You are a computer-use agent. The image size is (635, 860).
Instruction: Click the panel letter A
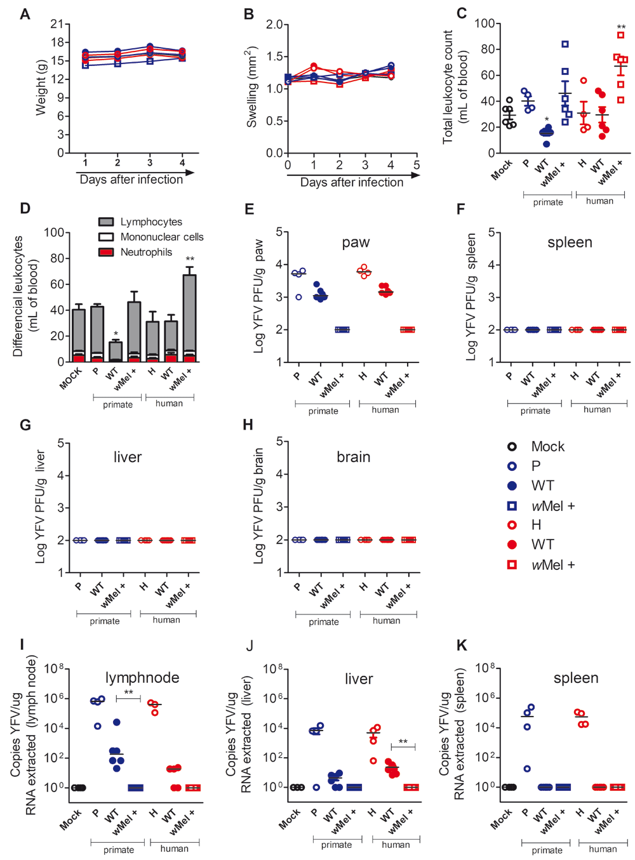[x=25, y=14]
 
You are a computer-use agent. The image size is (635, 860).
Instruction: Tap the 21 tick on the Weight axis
[x=57, y=24]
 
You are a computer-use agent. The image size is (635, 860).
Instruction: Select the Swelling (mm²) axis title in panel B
[x=252, y=87]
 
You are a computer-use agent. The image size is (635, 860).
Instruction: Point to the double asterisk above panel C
[x=621, y=27]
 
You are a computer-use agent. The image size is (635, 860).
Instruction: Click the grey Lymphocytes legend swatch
[x=106, y=222]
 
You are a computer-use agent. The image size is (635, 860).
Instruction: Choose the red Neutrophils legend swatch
[x=106, y=252]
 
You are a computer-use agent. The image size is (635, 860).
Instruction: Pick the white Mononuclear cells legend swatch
[x=106, y=237]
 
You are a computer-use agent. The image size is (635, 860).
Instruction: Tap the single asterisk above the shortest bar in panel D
[x=116, y=334]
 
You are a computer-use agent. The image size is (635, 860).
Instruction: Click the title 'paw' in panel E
[x=356, y=242]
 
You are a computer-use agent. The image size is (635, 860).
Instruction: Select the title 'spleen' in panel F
[x=570, y=242]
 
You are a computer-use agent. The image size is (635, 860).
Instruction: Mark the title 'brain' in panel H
[x=353, y=457]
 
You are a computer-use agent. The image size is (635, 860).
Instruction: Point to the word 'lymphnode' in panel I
[x=142, y=678]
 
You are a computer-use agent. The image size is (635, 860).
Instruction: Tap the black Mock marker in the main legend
[x=512, y=447]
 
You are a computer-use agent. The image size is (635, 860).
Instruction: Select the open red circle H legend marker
[x=512, y=525]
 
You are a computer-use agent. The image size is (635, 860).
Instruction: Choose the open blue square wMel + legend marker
[x=512, y=506]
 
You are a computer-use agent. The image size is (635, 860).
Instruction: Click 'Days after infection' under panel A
[x=131, y=180]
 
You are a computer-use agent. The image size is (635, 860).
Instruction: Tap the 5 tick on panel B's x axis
[x=417, y=165]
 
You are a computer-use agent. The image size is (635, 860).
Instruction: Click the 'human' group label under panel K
[x=603, y=849]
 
